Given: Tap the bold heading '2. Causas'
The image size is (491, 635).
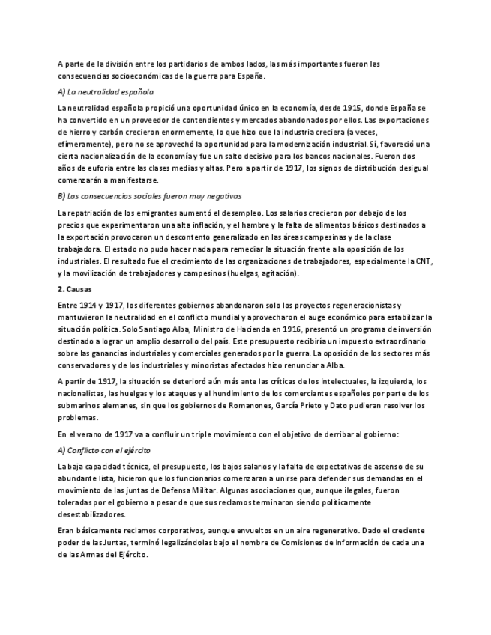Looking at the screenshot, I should coord(75,289).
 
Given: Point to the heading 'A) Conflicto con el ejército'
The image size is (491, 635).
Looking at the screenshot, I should coord(103,450).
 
